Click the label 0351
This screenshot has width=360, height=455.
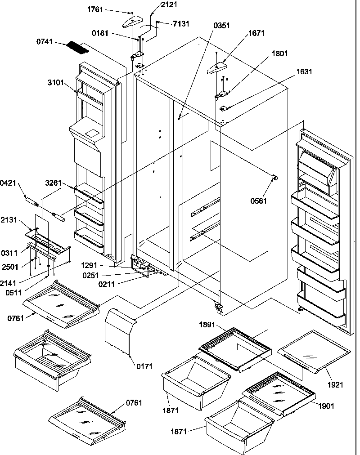(x=222, y=25)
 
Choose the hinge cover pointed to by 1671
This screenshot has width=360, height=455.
(x=219, y=67)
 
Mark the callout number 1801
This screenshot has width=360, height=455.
(x=279, y=53)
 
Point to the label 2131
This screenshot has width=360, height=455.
(x=9, y=220)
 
